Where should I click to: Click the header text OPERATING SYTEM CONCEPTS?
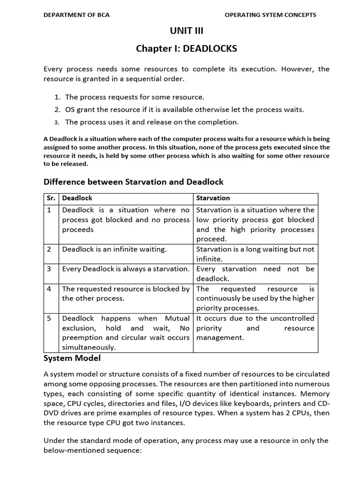point(270,15)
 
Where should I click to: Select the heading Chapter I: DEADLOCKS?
point(186,48)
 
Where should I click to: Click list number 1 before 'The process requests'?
point(57,97)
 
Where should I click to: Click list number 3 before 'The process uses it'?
point(57,122)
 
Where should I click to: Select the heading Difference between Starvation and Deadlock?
point(134,181)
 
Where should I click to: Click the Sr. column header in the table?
point(51,198)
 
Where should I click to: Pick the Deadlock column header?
point(77,198)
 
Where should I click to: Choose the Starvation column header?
point(213,198)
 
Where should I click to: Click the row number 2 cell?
point(49,249)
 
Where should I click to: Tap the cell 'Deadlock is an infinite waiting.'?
point(114,249)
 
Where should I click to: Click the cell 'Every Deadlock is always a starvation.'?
point(126,269)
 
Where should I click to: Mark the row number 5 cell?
point(49,318)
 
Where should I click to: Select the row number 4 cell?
point(49,289)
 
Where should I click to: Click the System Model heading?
point(72,359)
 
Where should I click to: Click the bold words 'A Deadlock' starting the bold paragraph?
point(60,139)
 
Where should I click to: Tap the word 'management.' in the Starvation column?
point(220,337)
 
